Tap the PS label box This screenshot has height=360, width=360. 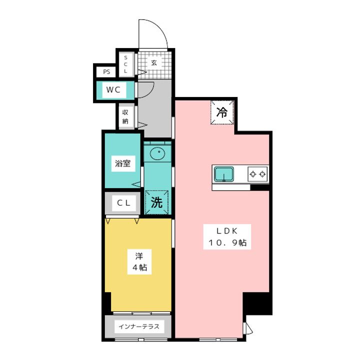tap(106, 72)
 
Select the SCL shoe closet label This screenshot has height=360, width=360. tap(126, 64)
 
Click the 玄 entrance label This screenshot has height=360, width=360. tap(154, 63)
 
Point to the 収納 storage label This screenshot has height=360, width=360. tap(125, 117)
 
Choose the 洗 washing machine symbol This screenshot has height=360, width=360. tap(156, 202)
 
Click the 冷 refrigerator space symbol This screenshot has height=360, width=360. tap(221, 113)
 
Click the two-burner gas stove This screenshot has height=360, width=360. tap(257, 174)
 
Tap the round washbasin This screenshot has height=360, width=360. tap(157, 152)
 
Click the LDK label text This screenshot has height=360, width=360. tap(229, 230)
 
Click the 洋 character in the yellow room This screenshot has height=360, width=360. tap(139, 255)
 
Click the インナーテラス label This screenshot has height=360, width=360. tap(139, 327)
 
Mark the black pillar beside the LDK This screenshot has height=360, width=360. tap(257, 303)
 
